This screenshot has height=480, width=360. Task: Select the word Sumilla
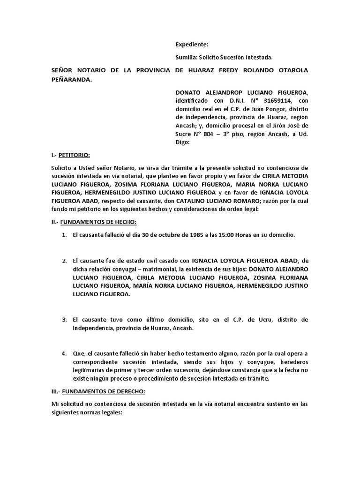tap(186, 57)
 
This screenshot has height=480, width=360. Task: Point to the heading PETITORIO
tap(75, 155)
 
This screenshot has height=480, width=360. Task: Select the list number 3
tap(64, 320)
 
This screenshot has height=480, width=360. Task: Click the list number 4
tap(64, 353)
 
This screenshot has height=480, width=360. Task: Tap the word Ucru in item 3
tap(248, 320)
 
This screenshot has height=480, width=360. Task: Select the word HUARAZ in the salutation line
tap(210, 70)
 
